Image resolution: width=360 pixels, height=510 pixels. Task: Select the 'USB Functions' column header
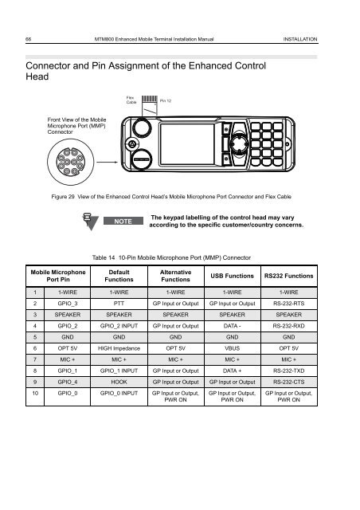point(237,276)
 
